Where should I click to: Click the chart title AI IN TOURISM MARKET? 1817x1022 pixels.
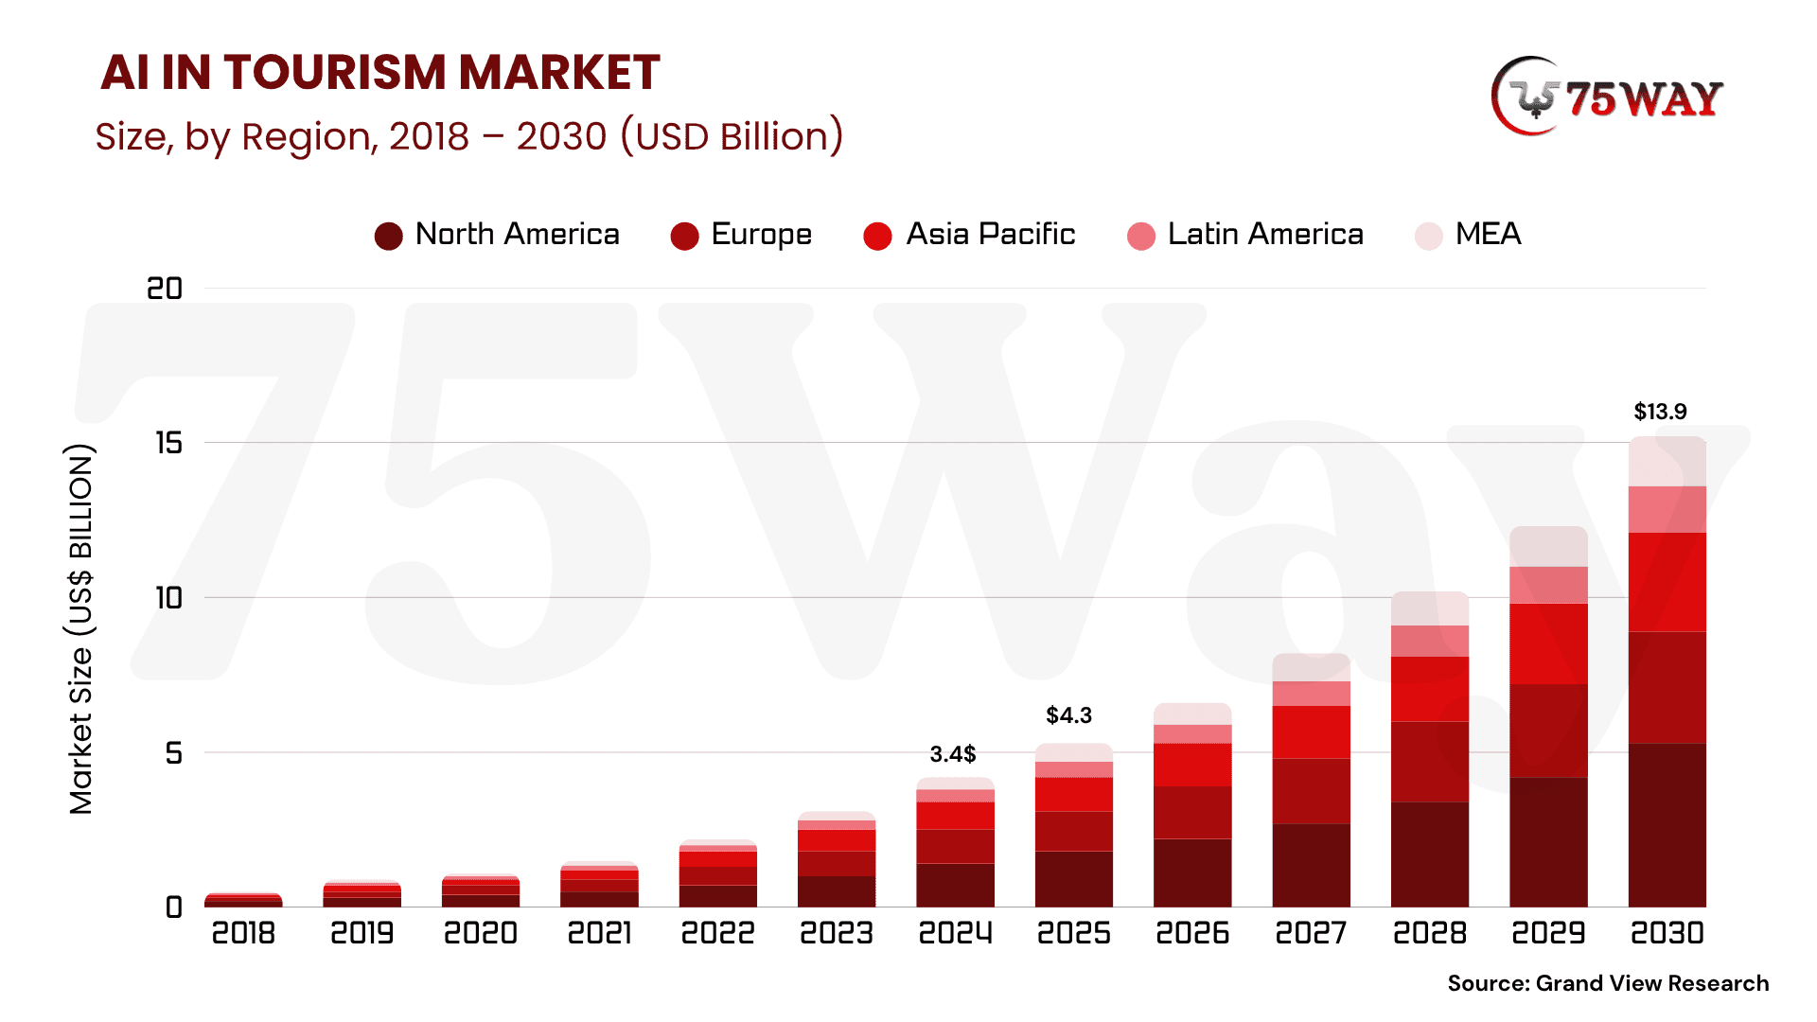click(379, 73)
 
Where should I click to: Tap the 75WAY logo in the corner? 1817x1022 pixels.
click(1607, 97)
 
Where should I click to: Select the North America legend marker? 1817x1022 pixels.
click(388, 236)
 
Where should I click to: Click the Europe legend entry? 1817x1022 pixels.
click(741, 235)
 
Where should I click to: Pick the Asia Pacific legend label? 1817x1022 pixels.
click(990, 234)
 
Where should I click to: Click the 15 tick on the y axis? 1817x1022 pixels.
click(169, 443)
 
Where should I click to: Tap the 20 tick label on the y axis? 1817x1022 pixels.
click(165, 289)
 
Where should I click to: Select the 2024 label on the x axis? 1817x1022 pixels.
click(955, 933)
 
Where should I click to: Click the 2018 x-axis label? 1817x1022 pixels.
click(243, 933)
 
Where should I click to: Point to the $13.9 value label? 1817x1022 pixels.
click(1660, 412)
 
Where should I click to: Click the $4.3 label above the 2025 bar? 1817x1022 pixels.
click(1068, 715)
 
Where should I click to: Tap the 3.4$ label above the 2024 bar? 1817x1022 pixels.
click(952, 754)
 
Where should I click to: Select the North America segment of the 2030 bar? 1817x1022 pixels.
click(1667, 824)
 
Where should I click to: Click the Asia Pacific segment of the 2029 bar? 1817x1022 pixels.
click(1548, 643)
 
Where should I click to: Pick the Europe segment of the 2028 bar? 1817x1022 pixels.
click(1429, 762)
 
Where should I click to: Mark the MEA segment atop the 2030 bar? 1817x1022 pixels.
click(1667, 462)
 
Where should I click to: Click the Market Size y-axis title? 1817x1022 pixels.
click(81, 629)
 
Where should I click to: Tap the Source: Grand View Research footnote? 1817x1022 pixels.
click(1608, 983)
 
